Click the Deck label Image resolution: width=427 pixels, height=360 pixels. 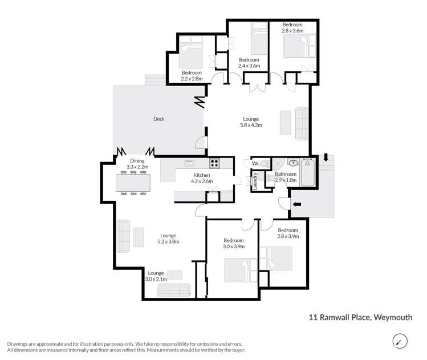pos(159,119)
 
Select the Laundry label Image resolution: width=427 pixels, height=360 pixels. pos(255,181)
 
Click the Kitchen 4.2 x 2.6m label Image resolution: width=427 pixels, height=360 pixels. pos(202,178)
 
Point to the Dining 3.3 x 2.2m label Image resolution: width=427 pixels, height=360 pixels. pos(137,164)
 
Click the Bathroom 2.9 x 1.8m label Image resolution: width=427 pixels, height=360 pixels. pos(285,177)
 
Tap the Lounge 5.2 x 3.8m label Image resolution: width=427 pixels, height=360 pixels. pos(168,238)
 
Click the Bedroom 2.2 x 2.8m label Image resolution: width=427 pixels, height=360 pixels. pos(192,76)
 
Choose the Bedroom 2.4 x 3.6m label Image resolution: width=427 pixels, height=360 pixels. pos(249,63)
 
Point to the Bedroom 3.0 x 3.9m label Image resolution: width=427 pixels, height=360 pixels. pos(234,244)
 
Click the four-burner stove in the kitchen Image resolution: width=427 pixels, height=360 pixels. pos(215,163)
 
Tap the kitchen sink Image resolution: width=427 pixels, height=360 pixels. pos(190,163)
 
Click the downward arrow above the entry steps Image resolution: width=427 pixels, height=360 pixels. pos(325,158)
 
